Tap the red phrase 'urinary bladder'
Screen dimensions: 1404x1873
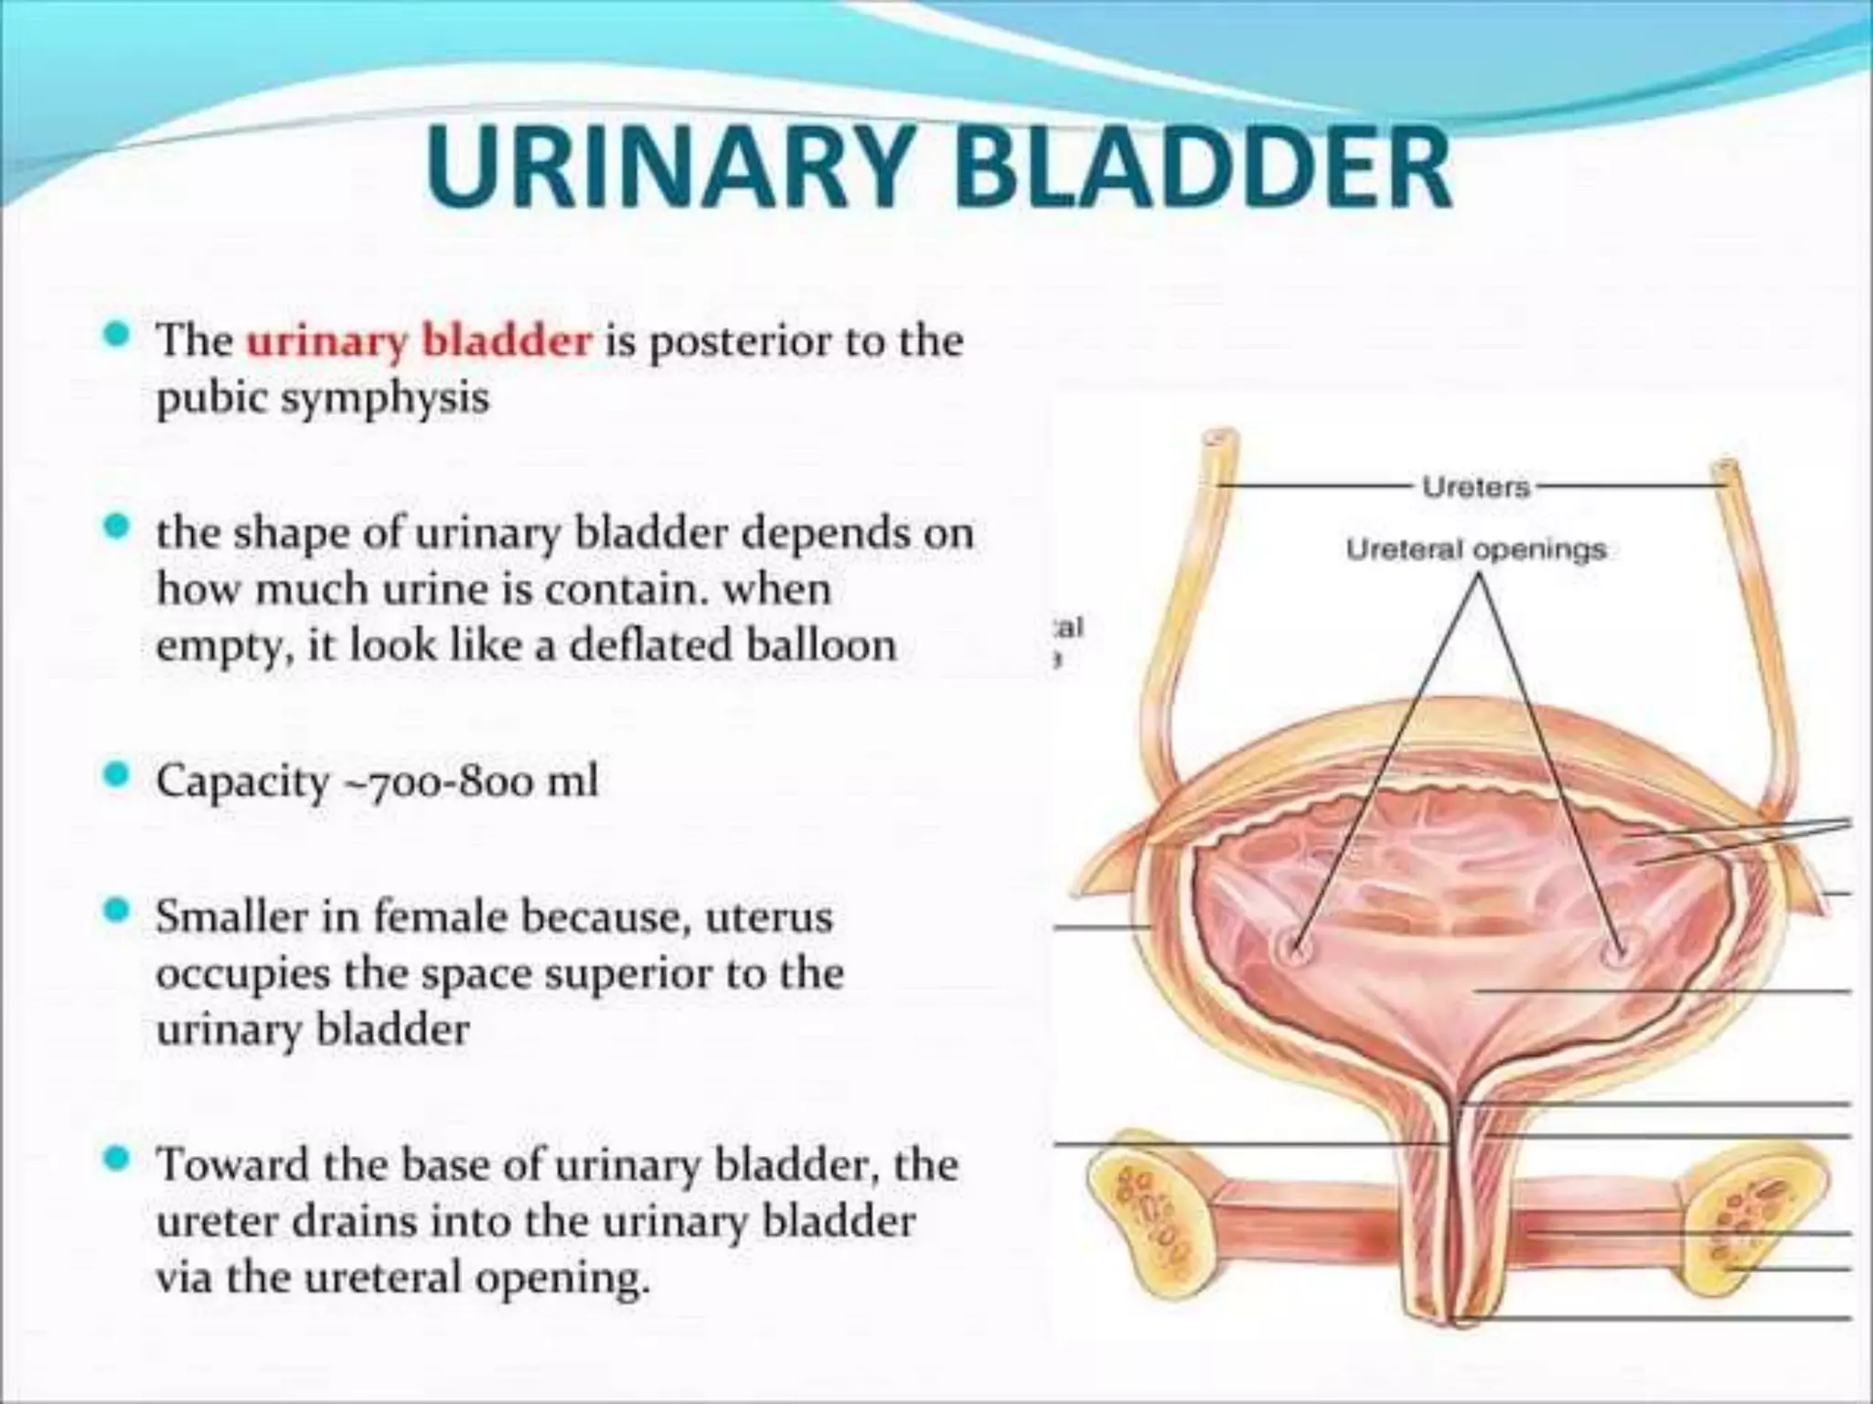[419, 341]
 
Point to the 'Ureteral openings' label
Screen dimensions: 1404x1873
[1476, 550]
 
